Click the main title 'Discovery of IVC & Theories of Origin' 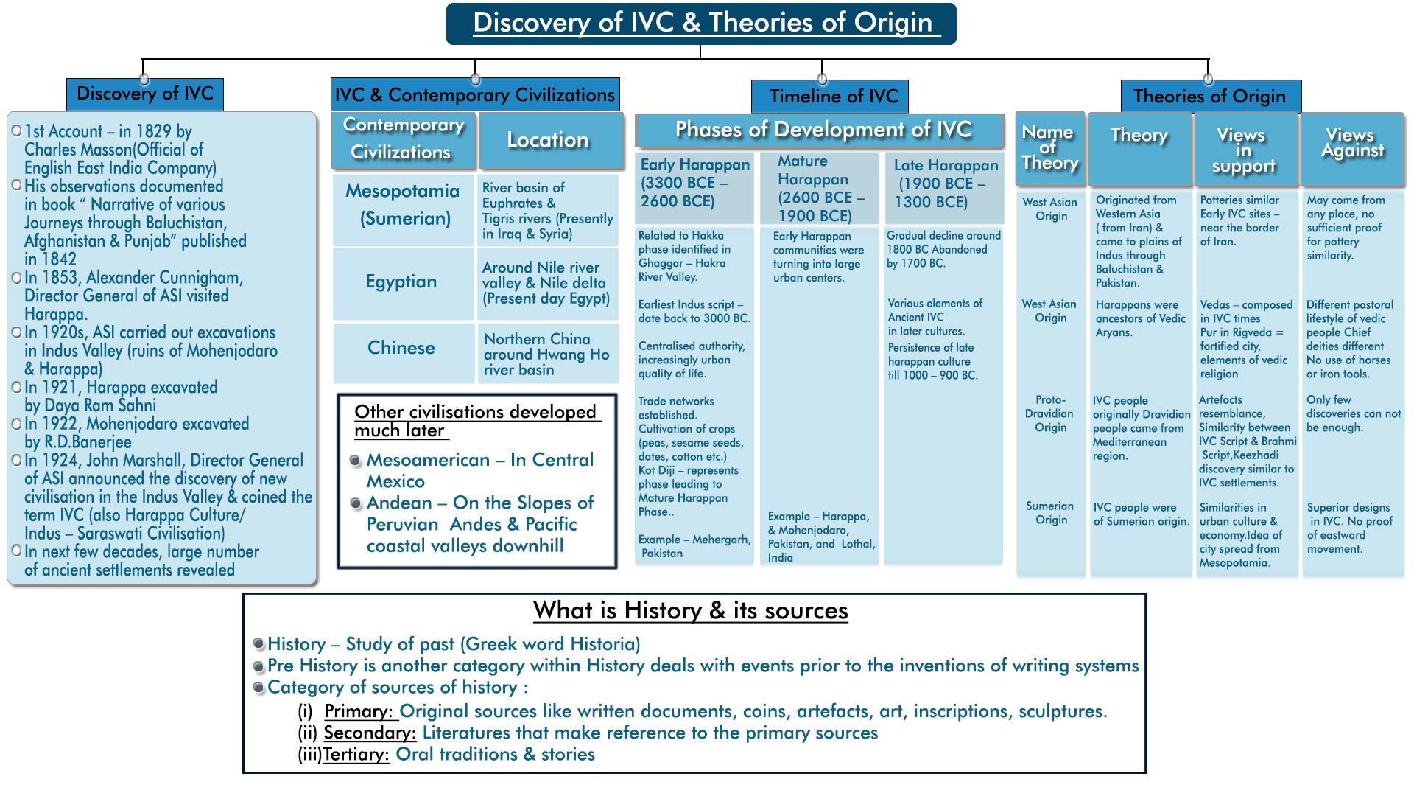click(701, 24)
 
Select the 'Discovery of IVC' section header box click(144, 94)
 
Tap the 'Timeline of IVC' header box click(830, 97)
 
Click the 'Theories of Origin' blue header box click(1210, 97)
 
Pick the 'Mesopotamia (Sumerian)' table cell click(402, 204)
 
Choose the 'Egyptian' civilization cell click(401, 282)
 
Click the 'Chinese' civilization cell click(401, 348)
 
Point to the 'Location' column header click(548, 140)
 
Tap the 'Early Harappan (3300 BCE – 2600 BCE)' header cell click(694, 184)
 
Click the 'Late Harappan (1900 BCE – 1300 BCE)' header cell click(944, 184)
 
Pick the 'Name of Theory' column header click(1049, 147)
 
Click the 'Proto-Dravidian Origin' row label click(1049, 413)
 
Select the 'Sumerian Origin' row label click(1049, 513)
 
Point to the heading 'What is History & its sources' click(690, 610)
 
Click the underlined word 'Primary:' click(360, 711)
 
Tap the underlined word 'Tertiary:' click(356, 754)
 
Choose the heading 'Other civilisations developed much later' click(476, 421)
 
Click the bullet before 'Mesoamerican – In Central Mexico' click(356, 461)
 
